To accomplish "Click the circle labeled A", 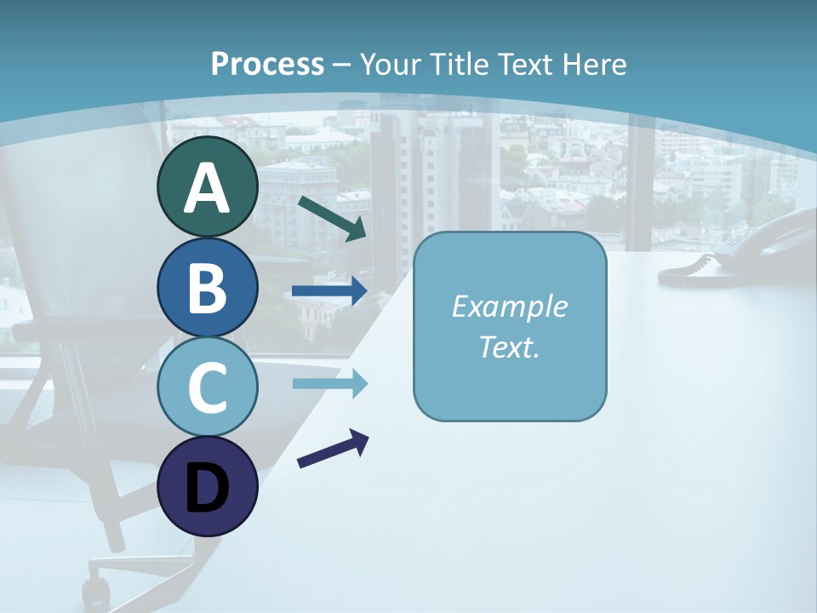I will (207, 187).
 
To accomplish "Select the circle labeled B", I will (207, 287).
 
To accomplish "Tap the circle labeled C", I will (207, 387).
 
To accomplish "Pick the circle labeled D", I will (207, 486).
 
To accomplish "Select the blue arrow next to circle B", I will (329, 291).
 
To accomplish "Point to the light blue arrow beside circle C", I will (329, 384).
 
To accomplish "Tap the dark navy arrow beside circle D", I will (333, 450).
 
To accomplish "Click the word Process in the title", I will (267, 64).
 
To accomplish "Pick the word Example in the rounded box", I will (509, 306).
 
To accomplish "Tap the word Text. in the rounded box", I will (509, 347).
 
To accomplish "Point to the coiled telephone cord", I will (688, 268).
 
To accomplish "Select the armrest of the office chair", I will (51, 328).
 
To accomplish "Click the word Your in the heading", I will (388, 64).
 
